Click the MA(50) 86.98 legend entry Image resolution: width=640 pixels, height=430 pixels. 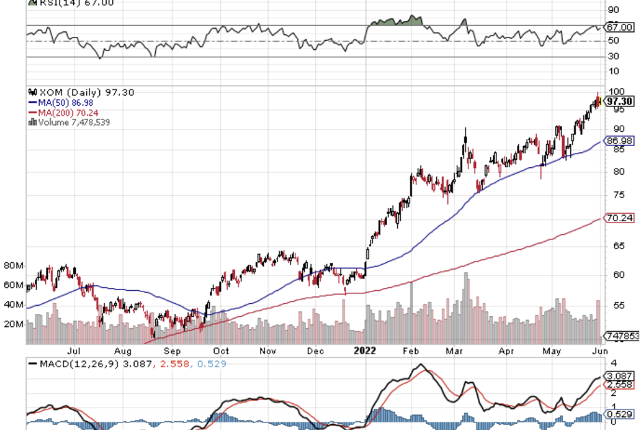(x=59, y=102)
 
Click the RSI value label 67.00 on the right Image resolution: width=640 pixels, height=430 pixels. (x=621, y=27)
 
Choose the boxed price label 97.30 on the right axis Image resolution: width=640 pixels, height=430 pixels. (x=621, y=101)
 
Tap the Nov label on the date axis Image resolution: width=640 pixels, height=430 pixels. (x=267, y=351)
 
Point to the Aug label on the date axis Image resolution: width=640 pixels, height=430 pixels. (x=123, y=351)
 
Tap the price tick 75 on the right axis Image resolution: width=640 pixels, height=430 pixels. (x=618, y=195)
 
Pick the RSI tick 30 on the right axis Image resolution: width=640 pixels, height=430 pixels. (x=615, y=57)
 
